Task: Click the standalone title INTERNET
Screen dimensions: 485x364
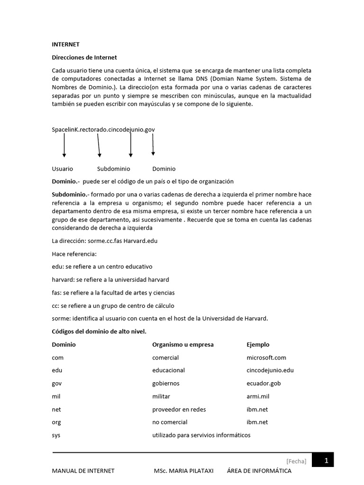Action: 65,45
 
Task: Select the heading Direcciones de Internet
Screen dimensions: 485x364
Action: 84,57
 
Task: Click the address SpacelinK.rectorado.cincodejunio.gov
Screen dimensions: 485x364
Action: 103,129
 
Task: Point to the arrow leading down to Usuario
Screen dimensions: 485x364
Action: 64,146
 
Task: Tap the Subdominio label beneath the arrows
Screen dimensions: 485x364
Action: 113,169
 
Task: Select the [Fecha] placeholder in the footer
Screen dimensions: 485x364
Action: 296,461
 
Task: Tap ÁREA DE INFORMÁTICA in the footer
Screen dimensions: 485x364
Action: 259,471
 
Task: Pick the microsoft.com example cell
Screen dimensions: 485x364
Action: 266,358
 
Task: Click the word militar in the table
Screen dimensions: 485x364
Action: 161,396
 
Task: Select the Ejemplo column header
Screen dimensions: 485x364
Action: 258,344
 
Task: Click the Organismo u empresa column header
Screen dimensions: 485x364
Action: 182,344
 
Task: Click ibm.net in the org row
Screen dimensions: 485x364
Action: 257,422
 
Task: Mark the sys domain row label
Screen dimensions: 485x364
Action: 56,435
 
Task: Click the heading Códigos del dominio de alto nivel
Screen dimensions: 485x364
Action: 102,331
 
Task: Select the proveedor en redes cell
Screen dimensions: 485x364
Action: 179,409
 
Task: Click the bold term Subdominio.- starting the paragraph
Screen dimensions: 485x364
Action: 70,195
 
